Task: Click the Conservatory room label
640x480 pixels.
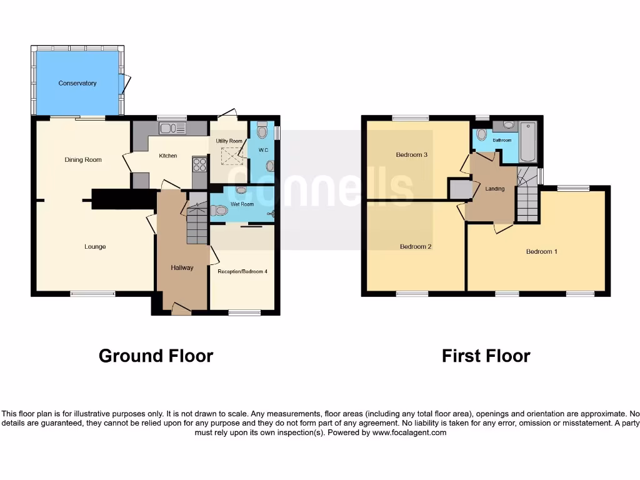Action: (x=77, y=83)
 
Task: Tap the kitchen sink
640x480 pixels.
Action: (x=172, y=129)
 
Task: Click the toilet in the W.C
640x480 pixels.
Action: (x=262, y=132)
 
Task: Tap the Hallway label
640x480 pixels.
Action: (x=182, y=268)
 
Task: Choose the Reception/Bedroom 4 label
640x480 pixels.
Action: (x=242, y=272)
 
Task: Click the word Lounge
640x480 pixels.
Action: (x=95, y=247)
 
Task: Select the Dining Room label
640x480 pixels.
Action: (x=83, y=160)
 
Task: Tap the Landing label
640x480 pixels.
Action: (x=495, y=189)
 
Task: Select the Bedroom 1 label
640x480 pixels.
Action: (x=541, y=252)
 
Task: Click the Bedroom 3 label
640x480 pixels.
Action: (x=411, y=155)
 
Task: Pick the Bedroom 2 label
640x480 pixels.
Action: (x=416, y=247)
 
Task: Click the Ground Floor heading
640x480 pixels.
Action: (x=156, y=356)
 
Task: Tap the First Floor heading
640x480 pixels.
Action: (x=486, y=356)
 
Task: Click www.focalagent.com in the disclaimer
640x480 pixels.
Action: (x=409, y=432)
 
